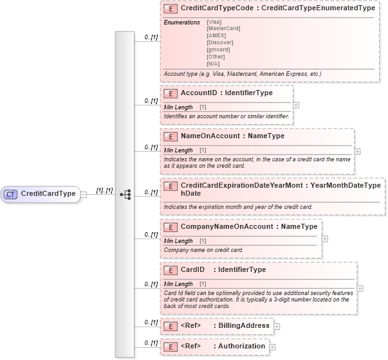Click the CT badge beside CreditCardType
11,194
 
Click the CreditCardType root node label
48,194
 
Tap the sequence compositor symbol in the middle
125,194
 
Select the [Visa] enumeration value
214,22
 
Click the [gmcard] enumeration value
218,49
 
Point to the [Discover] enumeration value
219,42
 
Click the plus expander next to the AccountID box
296,104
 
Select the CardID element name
192,270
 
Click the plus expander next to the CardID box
360,289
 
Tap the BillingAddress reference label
244,326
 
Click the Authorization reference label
242,346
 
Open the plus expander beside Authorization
273,347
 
